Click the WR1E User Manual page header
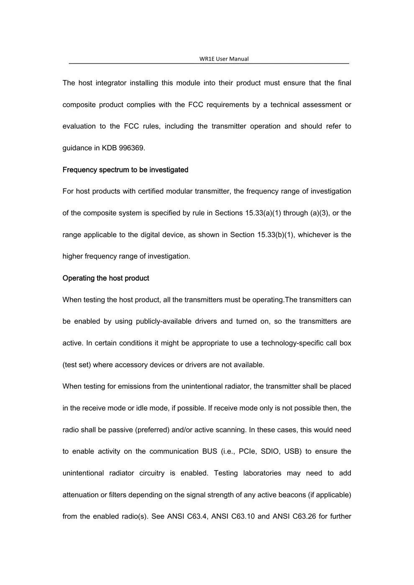coord(224,59)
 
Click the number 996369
coord(132,148)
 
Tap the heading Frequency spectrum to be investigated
coord(125,170)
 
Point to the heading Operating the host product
coord(106,278)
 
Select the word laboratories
coord(262,473)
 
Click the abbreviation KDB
coord(109,148)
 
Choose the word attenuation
coord(81,495)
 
